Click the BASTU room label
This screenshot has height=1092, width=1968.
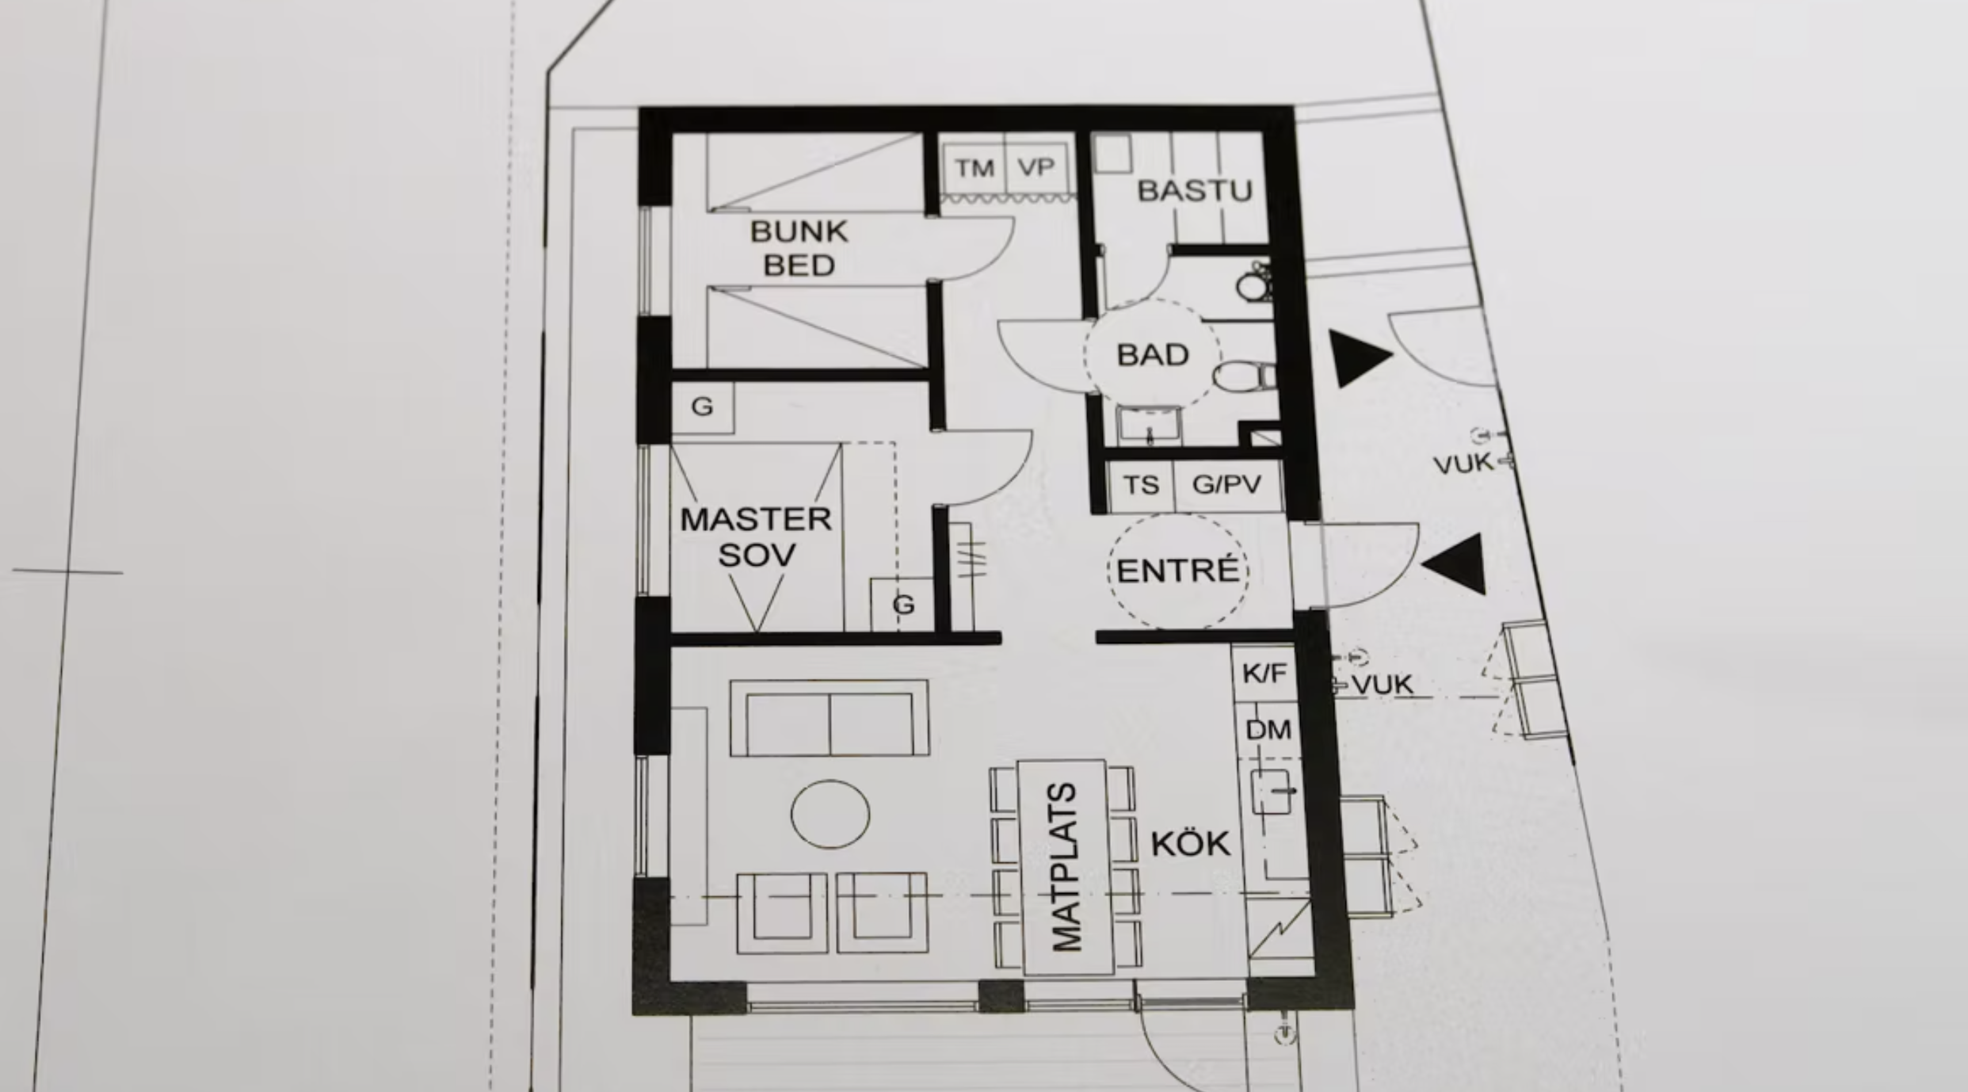coord(1194,191)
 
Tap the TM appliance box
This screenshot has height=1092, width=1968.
coord(973,168)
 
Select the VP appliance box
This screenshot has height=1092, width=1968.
coord(1036,167)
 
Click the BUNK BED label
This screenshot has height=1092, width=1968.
coord(798,248)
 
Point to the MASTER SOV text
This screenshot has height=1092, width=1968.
coord(756,536)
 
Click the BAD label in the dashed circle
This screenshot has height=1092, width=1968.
coord(1153,355)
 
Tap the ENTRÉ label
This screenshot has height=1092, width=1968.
coord(1177,571)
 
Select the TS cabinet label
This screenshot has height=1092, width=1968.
coord(1140,485)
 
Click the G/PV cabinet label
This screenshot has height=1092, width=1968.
coord(1226,484)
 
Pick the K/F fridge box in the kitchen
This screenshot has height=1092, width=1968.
coord(1264,674)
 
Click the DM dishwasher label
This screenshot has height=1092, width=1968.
coord(1268,730)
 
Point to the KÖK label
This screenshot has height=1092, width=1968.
coord(1191,845)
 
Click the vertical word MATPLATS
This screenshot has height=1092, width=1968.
coord(1065,867)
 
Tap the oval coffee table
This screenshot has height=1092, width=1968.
coord(830,814)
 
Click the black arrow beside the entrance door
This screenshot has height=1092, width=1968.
coord(1456,563)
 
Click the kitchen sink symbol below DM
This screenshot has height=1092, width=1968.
coord(1270,791)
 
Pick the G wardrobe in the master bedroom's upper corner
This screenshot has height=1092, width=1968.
coord(702,407)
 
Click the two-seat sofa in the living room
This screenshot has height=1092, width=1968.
coord(829,718)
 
